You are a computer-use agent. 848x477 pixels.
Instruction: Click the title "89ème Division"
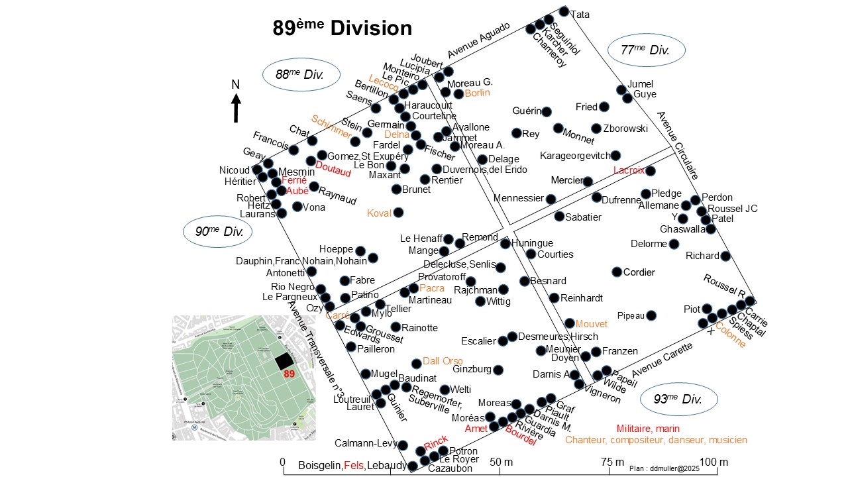(x=343, y=28)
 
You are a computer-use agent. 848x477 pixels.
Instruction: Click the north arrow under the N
(x=236, y=108)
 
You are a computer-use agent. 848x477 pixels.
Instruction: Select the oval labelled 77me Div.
(x=645, y=50)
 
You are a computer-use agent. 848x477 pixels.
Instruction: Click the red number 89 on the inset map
(x=289, y=374)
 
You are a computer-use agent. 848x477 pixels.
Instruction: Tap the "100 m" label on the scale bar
(x=714, y=462)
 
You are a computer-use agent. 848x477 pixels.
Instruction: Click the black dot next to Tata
(x=564, y=11)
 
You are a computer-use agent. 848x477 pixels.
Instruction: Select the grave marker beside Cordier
(x=617, y=272)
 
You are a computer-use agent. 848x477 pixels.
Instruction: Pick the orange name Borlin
(x=477, y=93)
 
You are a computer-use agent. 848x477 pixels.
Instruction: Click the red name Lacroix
(x=629, y=170)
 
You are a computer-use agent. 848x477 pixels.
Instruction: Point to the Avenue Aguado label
(x=478, y=40)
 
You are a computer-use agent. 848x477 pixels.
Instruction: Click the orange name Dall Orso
(x=443, y=361)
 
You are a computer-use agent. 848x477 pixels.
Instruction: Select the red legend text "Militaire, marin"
(x=648, y=429)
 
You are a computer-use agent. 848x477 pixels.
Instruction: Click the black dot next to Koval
(x=398, y=213)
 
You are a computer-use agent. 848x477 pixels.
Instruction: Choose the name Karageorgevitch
(x=575, y=156)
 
